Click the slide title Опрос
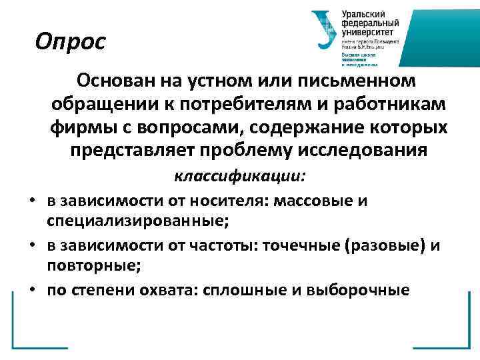pyautogui.click(x=71, y=42)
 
